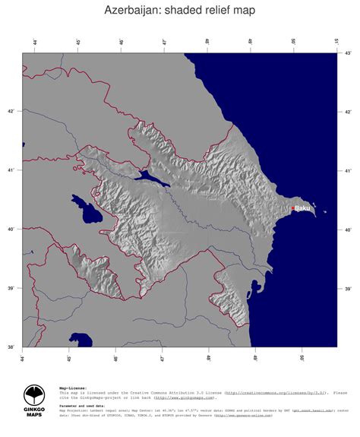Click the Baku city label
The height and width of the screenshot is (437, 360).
[302, 207]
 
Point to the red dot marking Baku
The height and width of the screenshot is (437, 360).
[292, 208]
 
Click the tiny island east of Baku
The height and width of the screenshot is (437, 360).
[325, 213]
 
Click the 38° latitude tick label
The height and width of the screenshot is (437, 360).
[11, 347]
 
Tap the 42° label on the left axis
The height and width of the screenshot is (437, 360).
[11, 112]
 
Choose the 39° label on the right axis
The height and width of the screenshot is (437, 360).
[348, 289]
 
